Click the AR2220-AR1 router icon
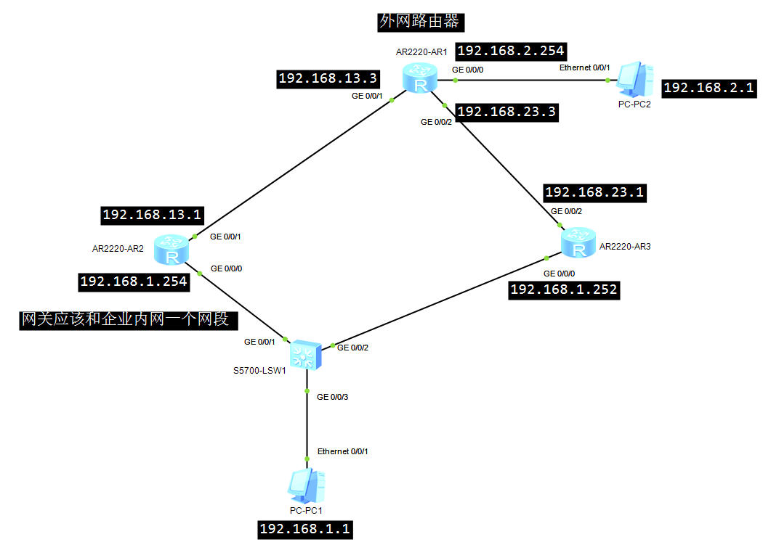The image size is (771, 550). point(420,78)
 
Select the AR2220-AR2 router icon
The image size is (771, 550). point(171,250)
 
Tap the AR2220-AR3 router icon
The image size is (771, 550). point(578,242)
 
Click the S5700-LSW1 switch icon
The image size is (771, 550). point(306,354)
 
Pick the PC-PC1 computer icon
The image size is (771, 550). point(307,485)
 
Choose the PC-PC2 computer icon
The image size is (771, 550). point(635,80)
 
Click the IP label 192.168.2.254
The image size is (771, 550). point(511,51)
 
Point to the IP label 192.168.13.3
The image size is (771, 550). point(328,78)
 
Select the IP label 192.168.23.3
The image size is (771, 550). point(507,112)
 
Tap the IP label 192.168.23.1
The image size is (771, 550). point(594,192)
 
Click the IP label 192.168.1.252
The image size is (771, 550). point(564,290)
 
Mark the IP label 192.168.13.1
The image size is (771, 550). point(153,215)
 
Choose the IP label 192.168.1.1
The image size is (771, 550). point(305,530)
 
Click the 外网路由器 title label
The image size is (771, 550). point(421,22)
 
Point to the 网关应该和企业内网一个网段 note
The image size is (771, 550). point(129,320)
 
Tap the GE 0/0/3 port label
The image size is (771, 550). point(332,397)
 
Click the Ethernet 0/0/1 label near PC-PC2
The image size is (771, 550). point(585,67)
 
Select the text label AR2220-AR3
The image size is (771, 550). point(625,247)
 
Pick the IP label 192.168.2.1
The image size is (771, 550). point(709,89)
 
